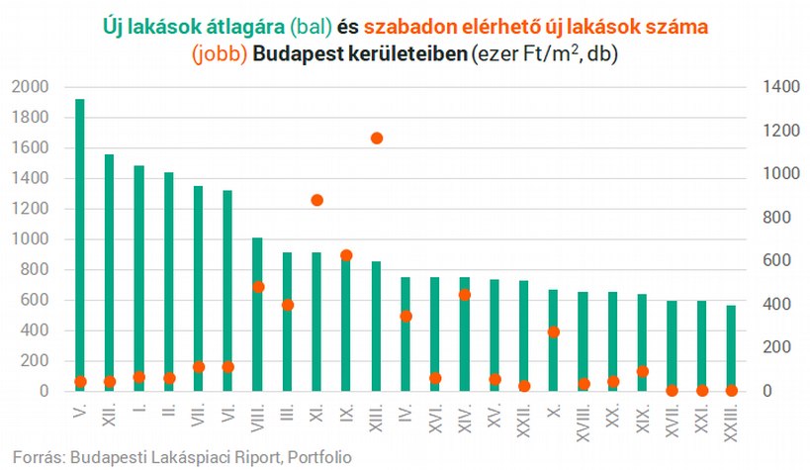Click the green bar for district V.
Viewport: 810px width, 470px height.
click(80, 244)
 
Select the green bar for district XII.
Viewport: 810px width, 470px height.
click(109, 272)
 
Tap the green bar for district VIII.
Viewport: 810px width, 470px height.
click(257, 315)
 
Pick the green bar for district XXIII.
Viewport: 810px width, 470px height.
click(731, 348)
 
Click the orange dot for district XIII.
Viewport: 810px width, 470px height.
click(377, 139)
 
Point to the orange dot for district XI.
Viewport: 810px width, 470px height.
click(317, 200)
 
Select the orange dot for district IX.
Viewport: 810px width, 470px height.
click(346, 255)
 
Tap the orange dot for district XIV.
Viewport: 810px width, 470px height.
click(465, 295)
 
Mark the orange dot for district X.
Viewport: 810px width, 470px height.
click(554, 331)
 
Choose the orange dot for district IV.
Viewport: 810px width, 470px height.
click(406, 316)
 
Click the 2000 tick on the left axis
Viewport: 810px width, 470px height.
click(31, 87)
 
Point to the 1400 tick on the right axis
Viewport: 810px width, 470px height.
click(781, 87)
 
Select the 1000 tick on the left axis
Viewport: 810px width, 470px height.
click(31, 238)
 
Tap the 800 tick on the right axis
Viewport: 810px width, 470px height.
click(776, 217)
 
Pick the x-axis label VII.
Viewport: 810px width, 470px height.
click(199, 415)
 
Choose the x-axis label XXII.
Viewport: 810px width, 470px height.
click(524, 420)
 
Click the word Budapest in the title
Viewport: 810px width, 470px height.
click(298, 53)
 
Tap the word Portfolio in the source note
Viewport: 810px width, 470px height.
click(319, 457)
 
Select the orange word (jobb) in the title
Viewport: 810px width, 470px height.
click(220, 53)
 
